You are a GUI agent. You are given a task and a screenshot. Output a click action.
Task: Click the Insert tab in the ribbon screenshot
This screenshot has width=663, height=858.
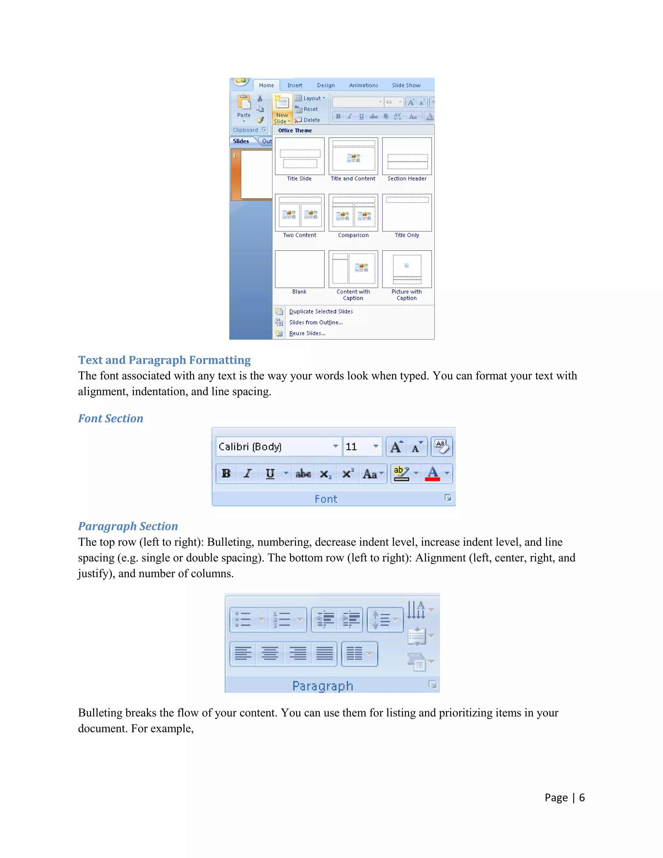[x=295, y=85]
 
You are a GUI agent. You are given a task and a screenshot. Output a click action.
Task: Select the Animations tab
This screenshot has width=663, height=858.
[x=363, y=85]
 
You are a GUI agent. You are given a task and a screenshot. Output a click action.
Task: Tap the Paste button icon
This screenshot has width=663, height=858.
[x=244, y=103]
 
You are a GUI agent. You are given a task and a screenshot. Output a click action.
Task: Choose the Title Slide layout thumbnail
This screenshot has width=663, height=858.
[x=300, y=156]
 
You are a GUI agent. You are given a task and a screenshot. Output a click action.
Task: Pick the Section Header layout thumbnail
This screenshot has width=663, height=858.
[x=407, y=156]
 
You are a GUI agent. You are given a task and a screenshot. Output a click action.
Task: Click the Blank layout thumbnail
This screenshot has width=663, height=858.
[x=300, y=269]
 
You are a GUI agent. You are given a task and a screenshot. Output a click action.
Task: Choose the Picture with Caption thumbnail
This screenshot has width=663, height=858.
[x=407, y=269]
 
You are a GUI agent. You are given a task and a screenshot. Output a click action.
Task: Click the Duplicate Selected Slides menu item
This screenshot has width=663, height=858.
[x=320, y=311]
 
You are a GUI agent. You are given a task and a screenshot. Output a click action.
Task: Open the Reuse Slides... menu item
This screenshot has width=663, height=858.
[x=307, y=333]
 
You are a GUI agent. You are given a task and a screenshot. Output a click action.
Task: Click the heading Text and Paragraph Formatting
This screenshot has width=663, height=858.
[x=164, y=360]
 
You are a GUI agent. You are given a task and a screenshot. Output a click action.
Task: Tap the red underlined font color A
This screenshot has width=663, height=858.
[x=433, y=473]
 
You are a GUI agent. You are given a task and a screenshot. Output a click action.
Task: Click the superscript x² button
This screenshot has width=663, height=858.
[x=348, y=474]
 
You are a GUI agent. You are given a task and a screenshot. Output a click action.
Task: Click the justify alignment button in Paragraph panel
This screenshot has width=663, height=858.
[x=324, y=654]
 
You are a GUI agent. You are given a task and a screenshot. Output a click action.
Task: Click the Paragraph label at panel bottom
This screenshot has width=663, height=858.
[x=322, y=686]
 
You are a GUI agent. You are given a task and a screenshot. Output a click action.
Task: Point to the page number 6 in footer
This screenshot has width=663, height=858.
[x=582, y=797]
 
